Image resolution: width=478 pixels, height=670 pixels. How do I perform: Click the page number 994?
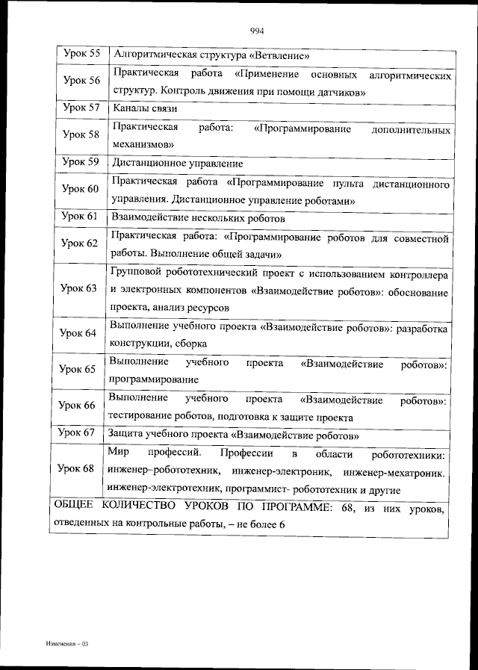click(x=257, y=31)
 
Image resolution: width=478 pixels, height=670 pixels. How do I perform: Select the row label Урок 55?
click(x=81, y=54)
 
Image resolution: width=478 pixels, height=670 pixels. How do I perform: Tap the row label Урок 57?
click(x=81, y=108)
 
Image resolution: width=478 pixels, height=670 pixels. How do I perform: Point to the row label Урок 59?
click(x=81, y=161)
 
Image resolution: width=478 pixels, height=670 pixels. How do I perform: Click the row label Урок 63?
click(x=78, y=288)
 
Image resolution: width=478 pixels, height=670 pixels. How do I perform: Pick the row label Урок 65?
click(x=78, y=369)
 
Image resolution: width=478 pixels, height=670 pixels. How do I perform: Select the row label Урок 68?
click(x=78, y=468)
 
